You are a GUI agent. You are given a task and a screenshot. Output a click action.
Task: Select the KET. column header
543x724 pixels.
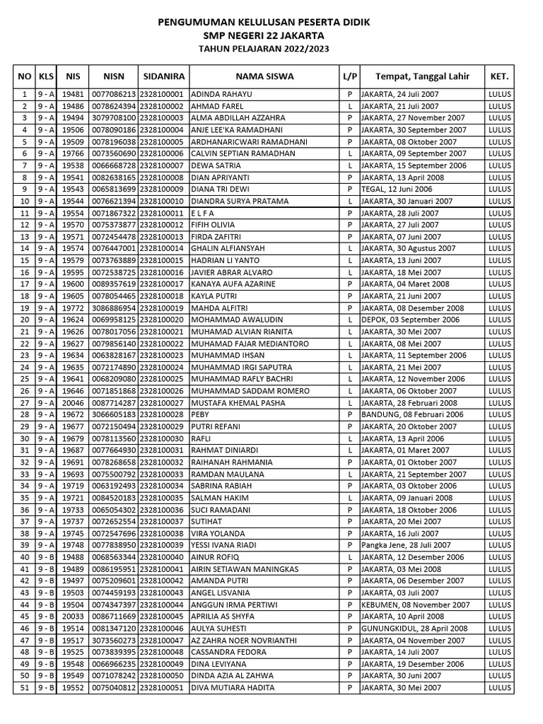(498, 76)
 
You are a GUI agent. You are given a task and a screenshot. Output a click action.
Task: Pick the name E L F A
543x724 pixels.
(203, 213)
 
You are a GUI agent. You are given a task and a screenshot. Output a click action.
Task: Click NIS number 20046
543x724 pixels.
(73, 403)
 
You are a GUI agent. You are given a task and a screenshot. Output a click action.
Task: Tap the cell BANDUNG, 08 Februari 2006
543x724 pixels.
(412, 414)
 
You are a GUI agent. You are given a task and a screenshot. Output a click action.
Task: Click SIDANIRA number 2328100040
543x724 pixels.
(162, 557)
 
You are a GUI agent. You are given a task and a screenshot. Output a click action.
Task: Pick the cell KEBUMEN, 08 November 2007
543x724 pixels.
(415, 605)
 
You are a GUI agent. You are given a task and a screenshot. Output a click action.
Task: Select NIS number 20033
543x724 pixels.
(73, 617)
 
